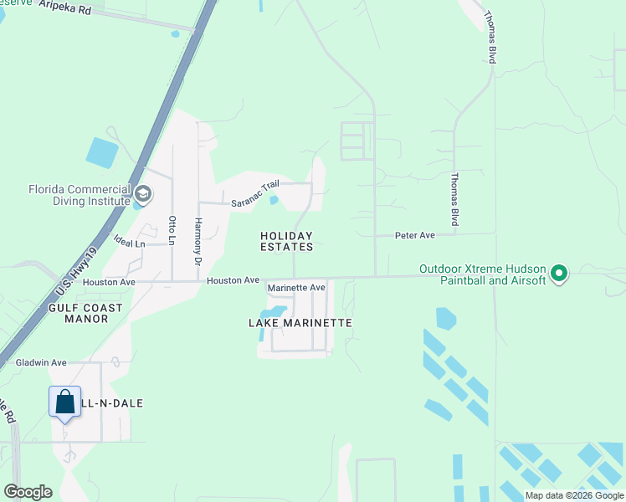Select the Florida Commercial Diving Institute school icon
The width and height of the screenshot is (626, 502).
pos(142,195)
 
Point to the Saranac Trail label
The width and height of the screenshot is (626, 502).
pos(254,196)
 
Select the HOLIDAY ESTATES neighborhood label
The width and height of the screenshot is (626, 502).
pos(286,241)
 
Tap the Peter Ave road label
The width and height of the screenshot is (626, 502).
pos(415,236)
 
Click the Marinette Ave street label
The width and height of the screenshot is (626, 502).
pos(295,288)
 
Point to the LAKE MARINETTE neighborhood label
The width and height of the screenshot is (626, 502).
pos(300,322)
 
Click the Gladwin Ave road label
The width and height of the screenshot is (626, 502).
pos(41,362)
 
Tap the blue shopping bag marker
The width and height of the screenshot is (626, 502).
pos(65,404)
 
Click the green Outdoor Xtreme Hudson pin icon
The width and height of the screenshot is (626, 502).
pos(560,274)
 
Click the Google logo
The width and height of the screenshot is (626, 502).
pos(28,492)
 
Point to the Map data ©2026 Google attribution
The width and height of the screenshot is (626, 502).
pos(574,495)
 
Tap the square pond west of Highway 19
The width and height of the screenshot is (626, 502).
pos(102,151)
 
